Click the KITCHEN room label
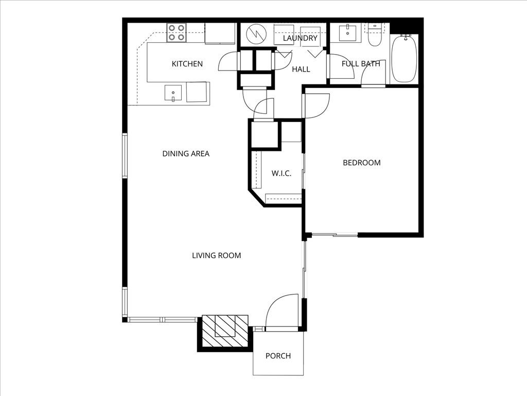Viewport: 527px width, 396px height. click(x=187, y=64)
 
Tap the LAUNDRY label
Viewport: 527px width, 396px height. click(x=300, y=38)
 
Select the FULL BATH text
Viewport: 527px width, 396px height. click(x=361, y=64)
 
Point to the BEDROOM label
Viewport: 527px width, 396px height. click(x=362, y=163)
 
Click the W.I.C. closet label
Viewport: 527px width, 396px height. click(x=282, y=173)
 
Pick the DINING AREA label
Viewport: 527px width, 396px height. click(x=186, y=153)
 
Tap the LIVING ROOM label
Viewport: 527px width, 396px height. click(x=216, y=255)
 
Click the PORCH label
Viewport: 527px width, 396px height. click(x=278, y=356)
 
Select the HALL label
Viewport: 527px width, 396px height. click(x=301, y=69)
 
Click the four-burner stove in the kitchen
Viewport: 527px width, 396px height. click(x=176, y=33)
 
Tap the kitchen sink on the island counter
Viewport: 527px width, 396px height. click(x=173, y=93)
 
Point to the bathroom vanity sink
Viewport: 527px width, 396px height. click(x=348, y=32)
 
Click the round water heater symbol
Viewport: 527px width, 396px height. click(x=254, y=35)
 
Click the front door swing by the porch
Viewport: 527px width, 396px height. click(x=283, y=311)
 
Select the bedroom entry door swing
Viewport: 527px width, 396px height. click(x=317, y=106)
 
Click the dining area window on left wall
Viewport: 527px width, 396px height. click(x=125, y=156)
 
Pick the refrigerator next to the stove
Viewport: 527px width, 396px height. click(x=220, y=33)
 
